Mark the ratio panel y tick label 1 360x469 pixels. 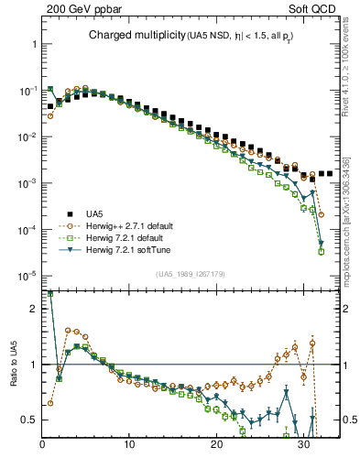coord(32,365)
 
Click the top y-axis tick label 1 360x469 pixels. coord(32,45)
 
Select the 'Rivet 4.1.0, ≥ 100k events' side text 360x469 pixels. coord(351,75)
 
